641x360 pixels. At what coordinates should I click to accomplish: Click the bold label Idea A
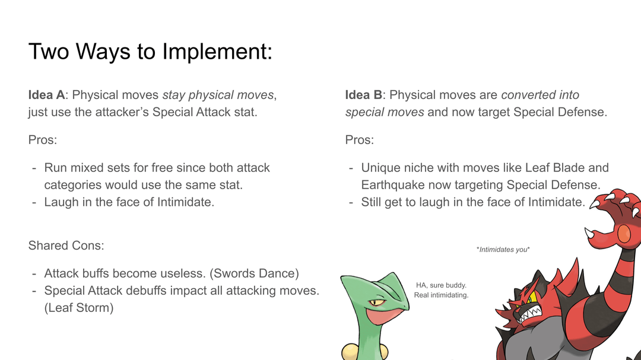(x=47, y=95)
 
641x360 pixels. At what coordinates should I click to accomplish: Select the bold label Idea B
(x=363, y=95)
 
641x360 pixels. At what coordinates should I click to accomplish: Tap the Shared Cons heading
(x=66, y=245)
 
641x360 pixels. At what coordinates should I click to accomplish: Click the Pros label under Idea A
(x=43, y=140)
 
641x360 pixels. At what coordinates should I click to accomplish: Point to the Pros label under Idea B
(x=359, y=140)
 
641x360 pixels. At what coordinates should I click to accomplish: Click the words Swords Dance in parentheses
(x=254, y=273)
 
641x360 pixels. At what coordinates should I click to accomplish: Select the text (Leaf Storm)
(x=79, y=308)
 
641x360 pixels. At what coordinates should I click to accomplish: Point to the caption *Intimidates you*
(x=503, y=250)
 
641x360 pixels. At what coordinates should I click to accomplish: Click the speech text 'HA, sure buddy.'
(x=441, y=285)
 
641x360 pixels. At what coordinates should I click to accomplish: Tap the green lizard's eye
(x=376, y=303)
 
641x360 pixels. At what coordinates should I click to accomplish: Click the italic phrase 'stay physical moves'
(x=218, y=95)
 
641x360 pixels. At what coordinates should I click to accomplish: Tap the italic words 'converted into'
(x=540, y=95)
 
